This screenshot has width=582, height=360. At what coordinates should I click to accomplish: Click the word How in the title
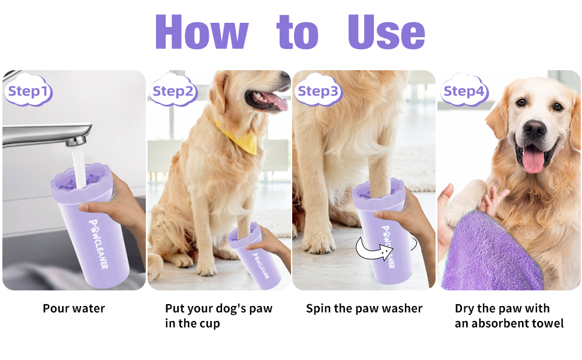click(x=201, y=31)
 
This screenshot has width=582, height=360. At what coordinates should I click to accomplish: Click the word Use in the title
click(x=386, y=31)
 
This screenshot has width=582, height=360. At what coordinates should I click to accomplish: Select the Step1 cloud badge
click(x=28, y=92)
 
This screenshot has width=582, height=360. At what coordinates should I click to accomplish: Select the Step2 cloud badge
click(x=173, y=91)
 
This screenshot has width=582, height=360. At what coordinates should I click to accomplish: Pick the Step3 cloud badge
click(x=318, y=91)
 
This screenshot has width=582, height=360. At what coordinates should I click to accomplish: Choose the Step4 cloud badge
click(x=463, y=91)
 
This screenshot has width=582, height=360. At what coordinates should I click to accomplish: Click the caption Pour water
click(x=74, y=308)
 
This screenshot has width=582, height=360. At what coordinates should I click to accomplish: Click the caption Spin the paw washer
click(x=364, y=308)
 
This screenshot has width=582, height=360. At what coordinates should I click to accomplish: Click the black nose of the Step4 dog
click(x=535, y=129)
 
